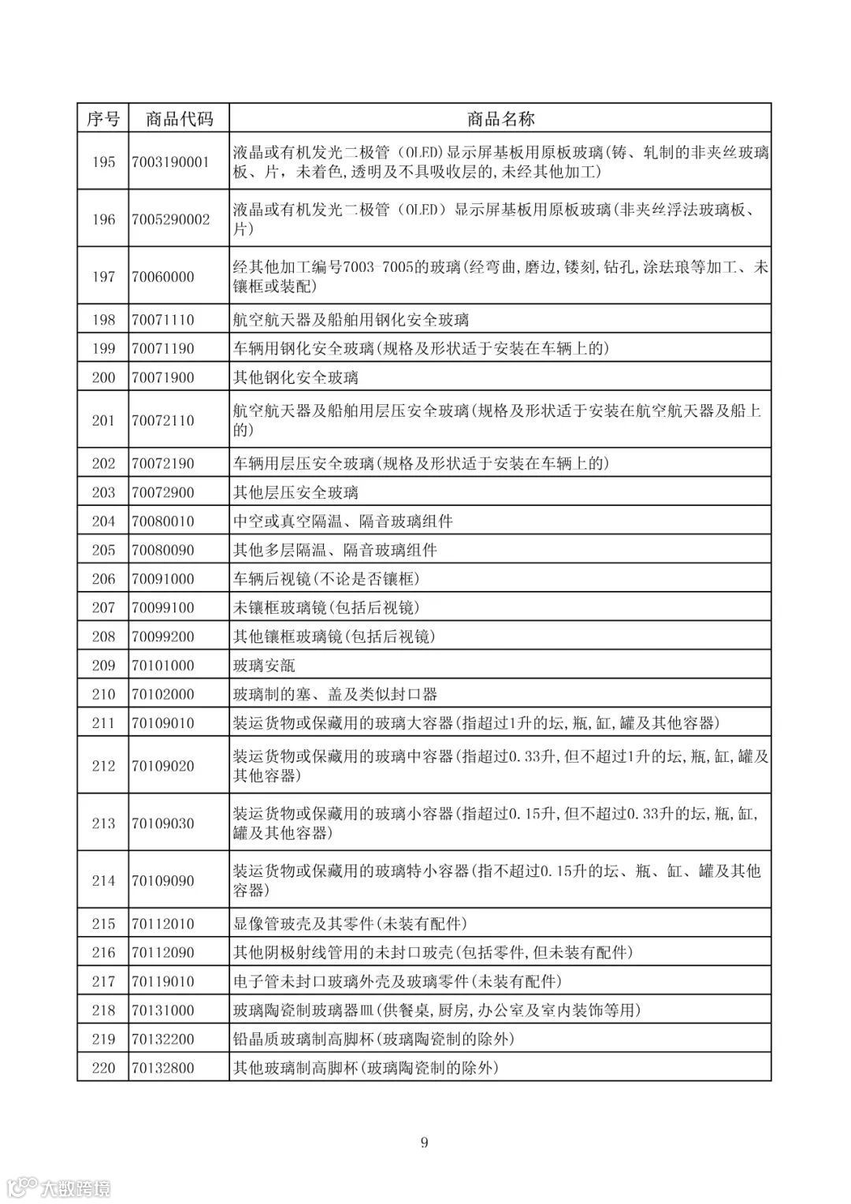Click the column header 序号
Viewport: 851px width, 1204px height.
coord(103,119)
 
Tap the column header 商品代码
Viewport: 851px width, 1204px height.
coord(179,119)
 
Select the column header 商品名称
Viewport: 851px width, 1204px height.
coord(500,119)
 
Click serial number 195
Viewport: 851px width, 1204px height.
coord(103,162)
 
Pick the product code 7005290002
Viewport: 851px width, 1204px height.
coord(171,219)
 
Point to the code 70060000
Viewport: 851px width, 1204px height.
coord(163,277)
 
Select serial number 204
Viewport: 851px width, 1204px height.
coord(103,521)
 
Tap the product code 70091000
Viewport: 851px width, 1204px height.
coord(163,578)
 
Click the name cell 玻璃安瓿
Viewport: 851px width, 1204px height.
coord(265,665)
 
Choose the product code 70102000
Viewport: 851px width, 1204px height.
coord(163,694)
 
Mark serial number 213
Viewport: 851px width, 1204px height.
coord(103,823)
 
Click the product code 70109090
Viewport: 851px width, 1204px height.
coord(163,881)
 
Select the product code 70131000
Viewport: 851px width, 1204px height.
coord(163,1010)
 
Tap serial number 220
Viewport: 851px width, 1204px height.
coord(103,1068)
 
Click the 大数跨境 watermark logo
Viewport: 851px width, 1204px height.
coord(58,1187)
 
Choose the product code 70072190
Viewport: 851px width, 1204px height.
coord(163,463)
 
